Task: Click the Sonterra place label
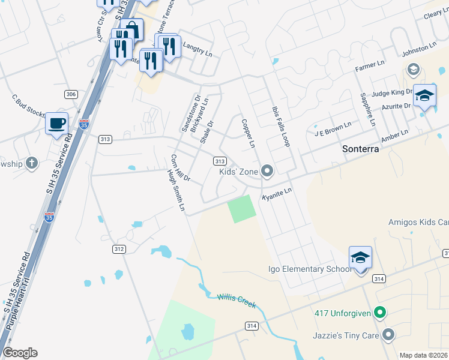[x=360, y=149]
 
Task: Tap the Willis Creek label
[x=237, y=301]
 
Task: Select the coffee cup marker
[x=56, y=124]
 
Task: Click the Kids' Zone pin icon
[x=268, y=172]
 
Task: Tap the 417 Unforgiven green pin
[x=379, y=313]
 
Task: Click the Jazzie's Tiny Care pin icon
[x=389, y=335]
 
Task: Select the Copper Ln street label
[x=248, y=134]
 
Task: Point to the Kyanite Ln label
[x=277, y=194]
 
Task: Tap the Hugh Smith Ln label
[x=176, y=190]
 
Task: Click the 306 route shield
[x=71, y=94]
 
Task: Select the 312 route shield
[x=119, y=248]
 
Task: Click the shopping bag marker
[x=131, y=29]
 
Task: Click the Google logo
[x=20, y=353]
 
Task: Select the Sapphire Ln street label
[x=367, y=109]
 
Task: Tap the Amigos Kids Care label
[x=418, y=221]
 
